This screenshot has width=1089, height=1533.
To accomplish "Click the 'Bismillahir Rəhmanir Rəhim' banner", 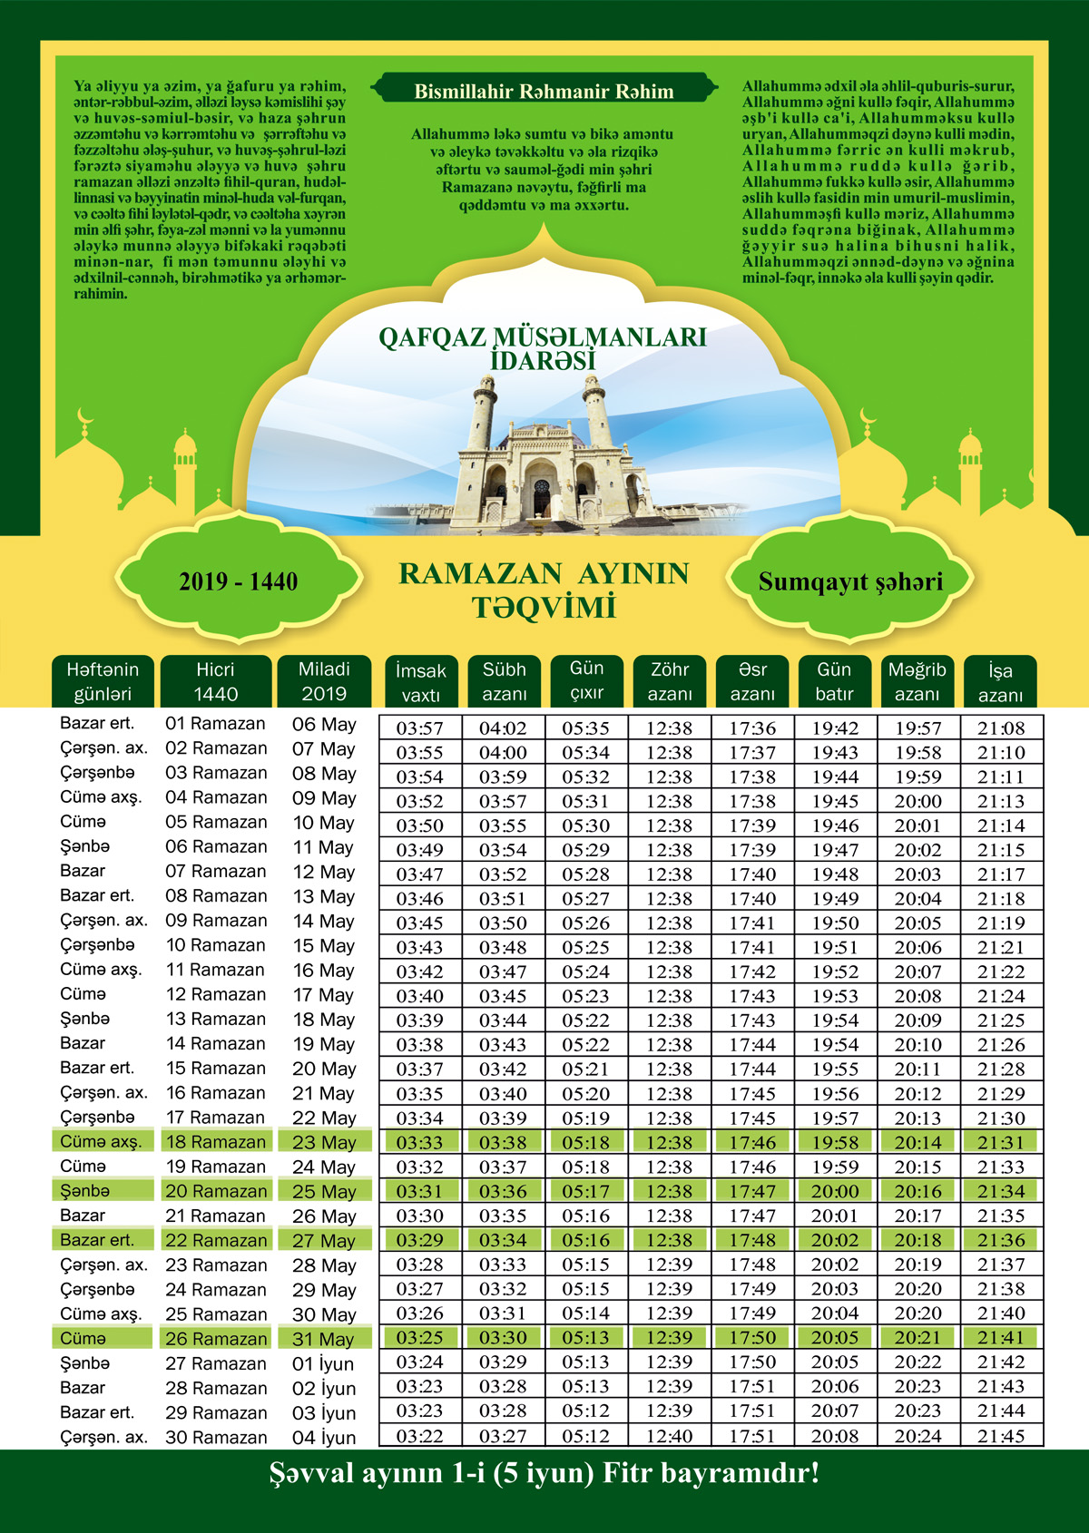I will pyautogui.click(x=544, y=92).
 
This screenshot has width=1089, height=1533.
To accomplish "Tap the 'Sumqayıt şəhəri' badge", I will pyautogui.click(x=850, y=581).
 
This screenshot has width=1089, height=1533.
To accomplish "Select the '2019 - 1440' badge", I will pyautogui.click(x=238, y=581).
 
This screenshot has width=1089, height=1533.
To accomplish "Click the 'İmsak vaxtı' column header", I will pyautogui.click(x=421, y=682).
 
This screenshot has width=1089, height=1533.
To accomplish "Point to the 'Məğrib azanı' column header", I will pyautogui.click(x=917, y=681).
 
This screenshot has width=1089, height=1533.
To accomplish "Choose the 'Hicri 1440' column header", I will pyautogui.click(x=215, y=681).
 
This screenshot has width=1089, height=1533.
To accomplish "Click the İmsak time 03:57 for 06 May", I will pyautogui.click(x=419, y=728).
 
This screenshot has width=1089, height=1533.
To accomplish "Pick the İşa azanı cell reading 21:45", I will pyautogui.click(x=1001, y=1437).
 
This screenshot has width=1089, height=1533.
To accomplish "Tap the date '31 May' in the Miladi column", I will pyautogui.click(x=323, y=1339).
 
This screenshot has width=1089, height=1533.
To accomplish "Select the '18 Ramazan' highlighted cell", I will pyautogui.click(x=216, y=1142).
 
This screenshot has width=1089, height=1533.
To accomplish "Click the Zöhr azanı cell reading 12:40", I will pyautogui.click(x=670, y=1437).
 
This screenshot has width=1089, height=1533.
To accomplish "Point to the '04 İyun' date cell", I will pyautogui.click(x=324, y=1438).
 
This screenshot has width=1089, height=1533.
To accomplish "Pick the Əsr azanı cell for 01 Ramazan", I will pyautogui.click(x=752, y=728).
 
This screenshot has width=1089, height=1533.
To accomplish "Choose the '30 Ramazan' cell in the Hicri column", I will pyautogui.click(x=216, y=1438).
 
